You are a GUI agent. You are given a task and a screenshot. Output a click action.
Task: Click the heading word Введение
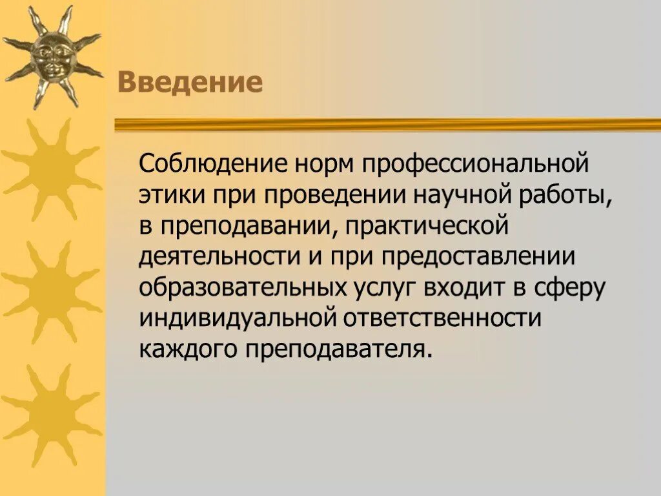tap(190, 83)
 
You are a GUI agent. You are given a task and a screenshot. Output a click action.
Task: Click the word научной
tap(463, 195)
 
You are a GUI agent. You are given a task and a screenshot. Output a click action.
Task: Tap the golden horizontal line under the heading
tap(387, 124)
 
